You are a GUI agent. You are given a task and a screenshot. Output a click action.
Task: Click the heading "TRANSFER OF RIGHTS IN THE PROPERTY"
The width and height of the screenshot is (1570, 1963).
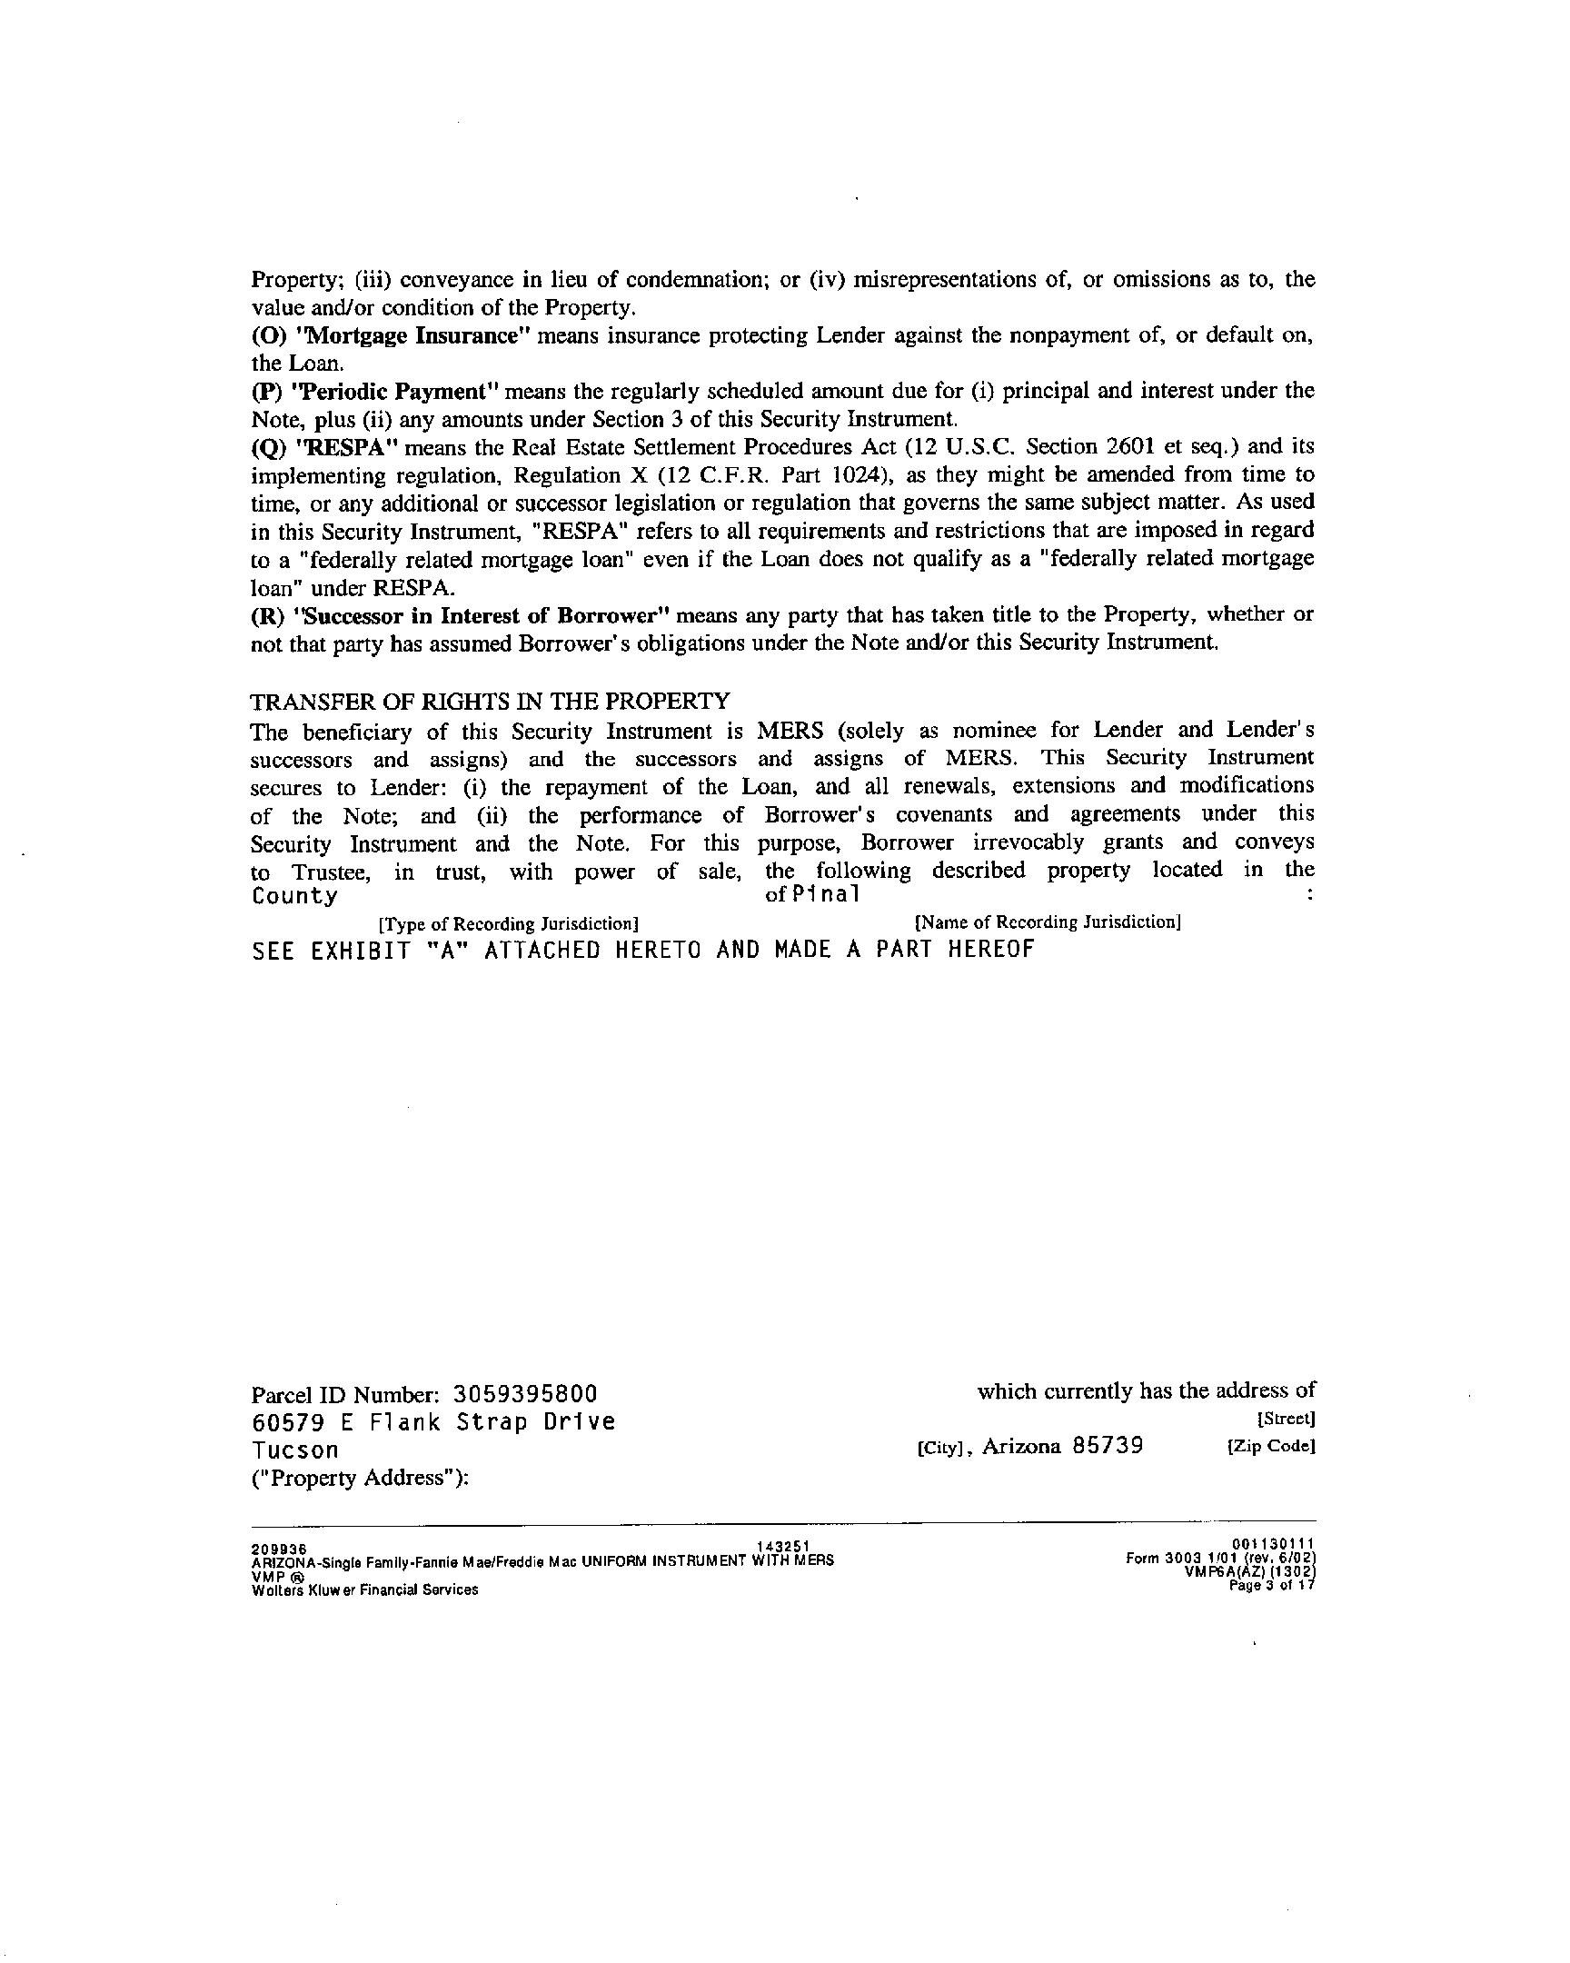tap(490, 701)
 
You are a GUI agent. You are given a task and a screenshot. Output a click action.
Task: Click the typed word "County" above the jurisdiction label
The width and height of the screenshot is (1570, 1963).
tap(294, 896)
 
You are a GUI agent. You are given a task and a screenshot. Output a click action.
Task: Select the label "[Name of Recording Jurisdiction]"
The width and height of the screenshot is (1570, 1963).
tap(1048, 922)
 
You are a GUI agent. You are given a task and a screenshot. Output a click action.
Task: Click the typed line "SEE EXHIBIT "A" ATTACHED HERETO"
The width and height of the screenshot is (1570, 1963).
tap(642, 951)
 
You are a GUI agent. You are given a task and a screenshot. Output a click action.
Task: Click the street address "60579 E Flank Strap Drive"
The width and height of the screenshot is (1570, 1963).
tap(433, 1422)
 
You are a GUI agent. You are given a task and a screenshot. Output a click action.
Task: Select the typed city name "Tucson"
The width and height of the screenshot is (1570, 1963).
tap(295, 1450)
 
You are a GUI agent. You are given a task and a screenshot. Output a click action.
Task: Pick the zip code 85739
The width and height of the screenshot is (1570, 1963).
tap(1108, 1447)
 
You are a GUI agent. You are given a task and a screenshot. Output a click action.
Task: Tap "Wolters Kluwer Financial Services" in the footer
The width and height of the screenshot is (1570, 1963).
tap(364, 1589)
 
